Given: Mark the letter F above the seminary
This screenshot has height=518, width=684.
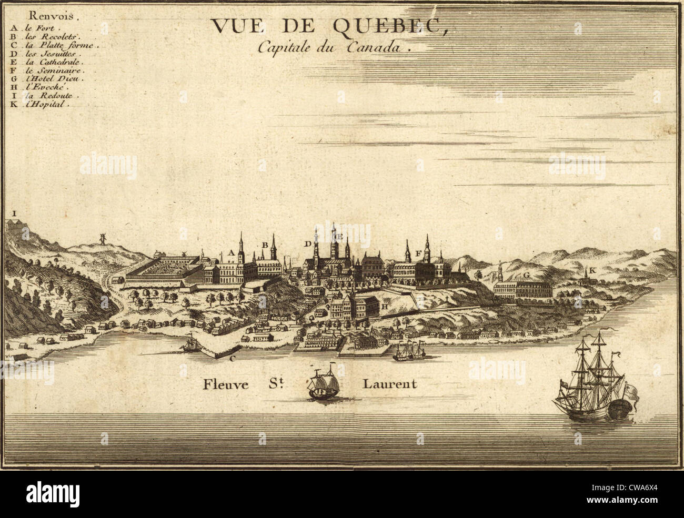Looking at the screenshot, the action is coord(418,253).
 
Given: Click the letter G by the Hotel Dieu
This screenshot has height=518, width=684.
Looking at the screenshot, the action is coord(526,276).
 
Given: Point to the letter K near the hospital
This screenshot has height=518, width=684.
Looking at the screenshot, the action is coord(592,270).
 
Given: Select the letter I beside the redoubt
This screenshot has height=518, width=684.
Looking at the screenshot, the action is coord(15,214).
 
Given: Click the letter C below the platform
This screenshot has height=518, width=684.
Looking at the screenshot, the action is coord(232,359).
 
